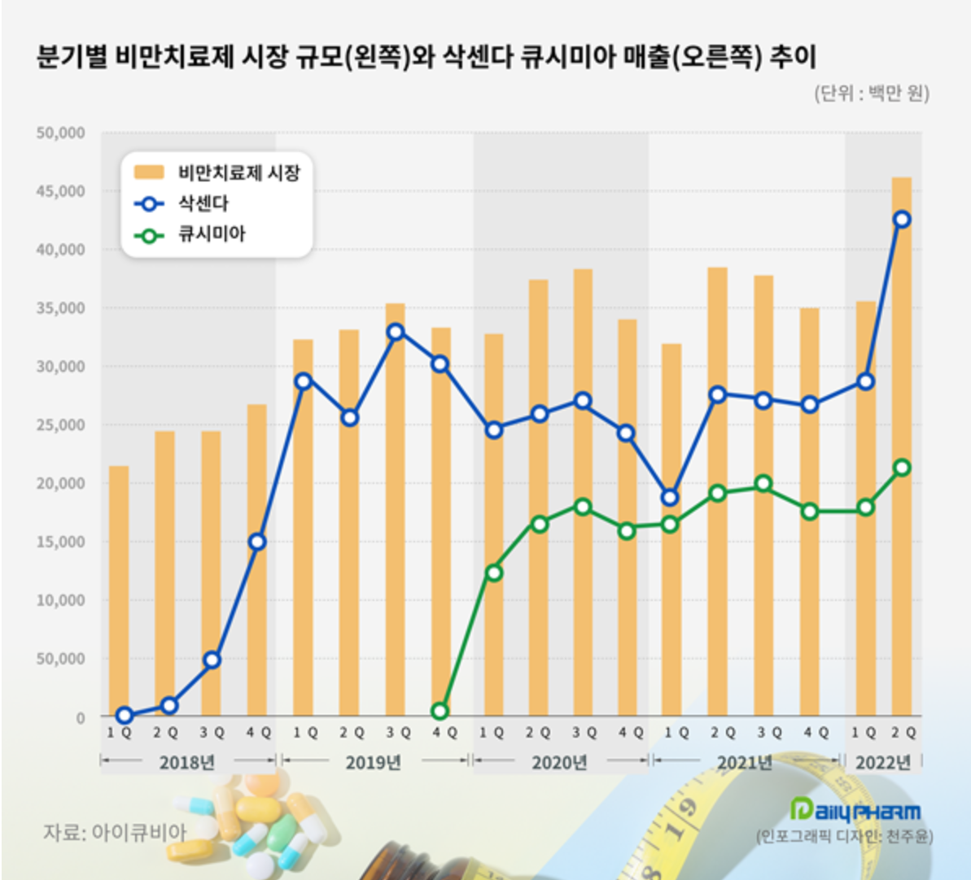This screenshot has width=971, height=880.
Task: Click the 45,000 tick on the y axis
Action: pyautogui.click(x=60, y=191)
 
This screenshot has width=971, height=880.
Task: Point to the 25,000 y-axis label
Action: pyautogui.click(x=60, y=425)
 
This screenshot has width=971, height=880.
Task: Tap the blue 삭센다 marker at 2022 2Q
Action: pyautogui.click(x=901, y=219)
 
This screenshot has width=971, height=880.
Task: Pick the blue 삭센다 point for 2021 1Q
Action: pyautogui.click(x=670, y=497)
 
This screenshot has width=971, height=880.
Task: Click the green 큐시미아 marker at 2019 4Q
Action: pyautogui.click(x=440, y=711)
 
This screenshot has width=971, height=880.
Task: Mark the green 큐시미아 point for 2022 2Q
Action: pyautogui.click(x=901, y=468)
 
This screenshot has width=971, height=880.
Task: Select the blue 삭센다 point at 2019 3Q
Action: pyautogui.click(x=396, y=331)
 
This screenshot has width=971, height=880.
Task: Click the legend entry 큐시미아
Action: pyautogui.click(x=211, y=235)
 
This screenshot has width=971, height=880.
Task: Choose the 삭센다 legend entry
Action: pyautogui.click(x=203, y=203)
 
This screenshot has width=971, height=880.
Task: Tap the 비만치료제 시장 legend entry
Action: pyautogui.click(x=238, y=172)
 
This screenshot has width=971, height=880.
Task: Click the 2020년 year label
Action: pyautogui.click(x=559, y=762)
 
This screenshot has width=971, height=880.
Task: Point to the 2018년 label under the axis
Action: pyautogui.click(x=186, y=762)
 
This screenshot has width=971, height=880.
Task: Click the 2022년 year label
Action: pyautogui.click(x=883, y=762)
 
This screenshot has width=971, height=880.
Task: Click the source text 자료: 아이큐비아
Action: pyautogui.click(x=115, y=832)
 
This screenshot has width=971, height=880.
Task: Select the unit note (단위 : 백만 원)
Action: pyautogui.click(x=871, y=93)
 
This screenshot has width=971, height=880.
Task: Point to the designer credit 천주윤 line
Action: pyautogui.click(x=845, y=836)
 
